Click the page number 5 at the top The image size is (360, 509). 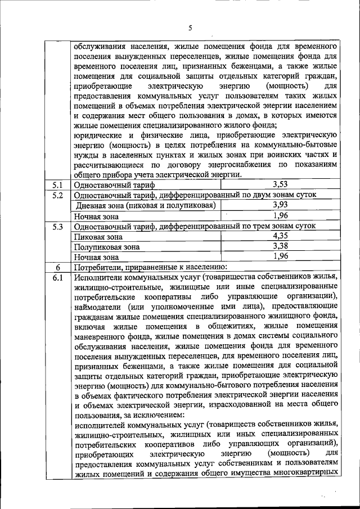tap(190, 28)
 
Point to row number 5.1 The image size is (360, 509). tap(57, 184)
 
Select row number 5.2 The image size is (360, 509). tap(57, 195)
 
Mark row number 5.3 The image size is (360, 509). tap(57, 226)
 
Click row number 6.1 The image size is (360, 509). tap(57, 277)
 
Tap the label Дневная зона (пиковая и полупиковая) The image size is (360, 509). tap(146, 206)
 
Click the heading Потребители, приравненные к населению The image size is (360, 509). tap(150, 267)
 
